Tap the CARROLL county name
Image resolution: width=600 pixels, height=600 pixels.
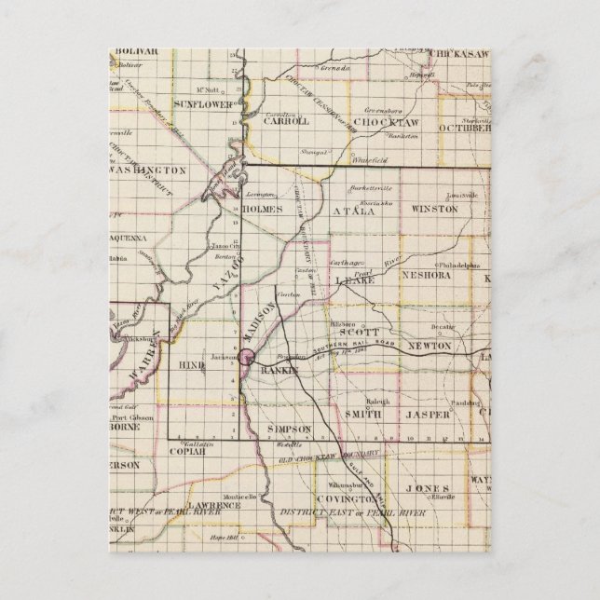coord(287,121)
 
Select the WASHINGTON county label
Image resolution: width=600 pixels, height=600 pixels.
coord(145,171)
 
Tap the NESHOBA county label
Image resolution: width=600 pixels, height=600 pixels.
coord(426,276)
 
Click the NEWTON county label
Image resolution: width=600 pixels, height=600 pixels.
coord(431,346)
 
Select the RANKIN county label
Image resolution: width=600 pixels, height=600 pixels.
coord(277,371)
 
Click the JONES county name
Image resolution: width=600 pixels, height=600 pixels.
coord(428,488)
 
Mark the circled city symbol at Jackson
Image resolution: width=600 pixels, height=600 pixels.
coord(247,356)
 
